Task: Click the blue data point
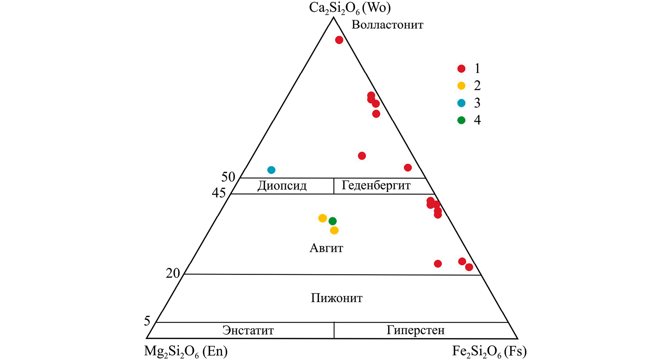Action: pos(271,170)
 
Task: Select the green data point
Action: pos(333,221)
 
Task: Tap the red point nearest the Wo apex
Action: pos(339,40)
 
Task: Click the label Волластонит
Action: pos(387,25)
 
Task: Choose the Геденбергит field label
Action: pos(376,186)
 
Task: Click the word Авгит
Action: pos(326,248)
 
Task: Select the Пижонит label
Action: pos(336,298)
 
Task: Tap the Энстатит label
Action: pos(248,330)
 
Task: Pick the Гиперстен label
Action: pos(416,330)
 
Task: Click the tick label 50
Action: pos(228,177)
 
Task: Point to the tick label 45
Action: pos(219,193)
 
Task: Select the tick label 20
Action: pos(173,273)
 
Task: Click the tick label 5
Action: pos(147,321)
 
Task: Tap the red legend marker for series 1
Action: pos(461,68)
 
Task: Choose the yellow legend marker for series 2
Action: pos(461,86)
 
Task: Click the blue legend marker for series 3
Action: pos(461,103)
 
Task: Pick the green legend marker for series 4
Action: pos(461,120)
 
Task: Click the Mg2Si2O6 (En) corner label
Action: pos(186,352)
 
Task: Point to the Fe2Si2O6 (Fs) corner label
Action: pos(489,352)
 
